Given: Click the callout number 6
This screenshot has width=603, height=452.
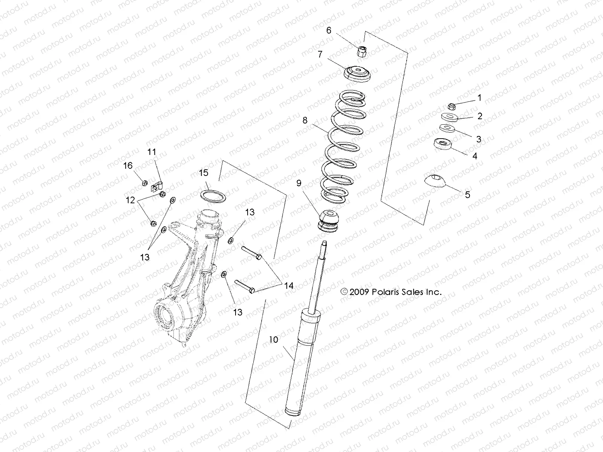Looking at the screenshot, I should tap(329, 31).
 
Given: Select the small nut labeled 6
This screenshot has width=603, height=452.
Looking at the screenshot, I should tap(362, 50).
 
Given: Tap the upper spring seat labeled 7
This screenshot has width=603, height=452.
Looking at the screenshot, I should tap(358, 73).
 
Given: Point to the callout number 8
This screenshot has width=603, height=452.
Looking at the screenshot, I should tap(305, 121).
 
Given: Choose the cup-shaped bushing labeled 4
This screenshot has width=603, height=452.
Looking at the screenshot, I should tap(443, 144).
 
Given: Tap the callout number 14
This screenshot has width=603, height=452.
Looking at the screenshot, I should tap(289, 286).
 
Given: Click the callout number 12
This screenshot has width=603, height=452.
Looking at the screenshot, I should tap(130, 201).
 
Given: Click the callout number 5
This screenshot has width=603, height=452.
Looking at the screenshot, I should tap(467, 195).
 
